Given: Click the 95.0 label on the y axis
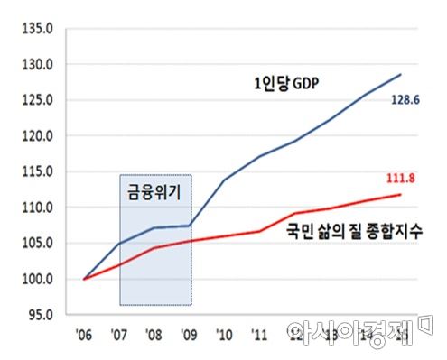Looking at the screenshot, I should pos(42,315).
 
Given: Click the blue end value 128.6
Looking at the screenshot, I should pos(405,102).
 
